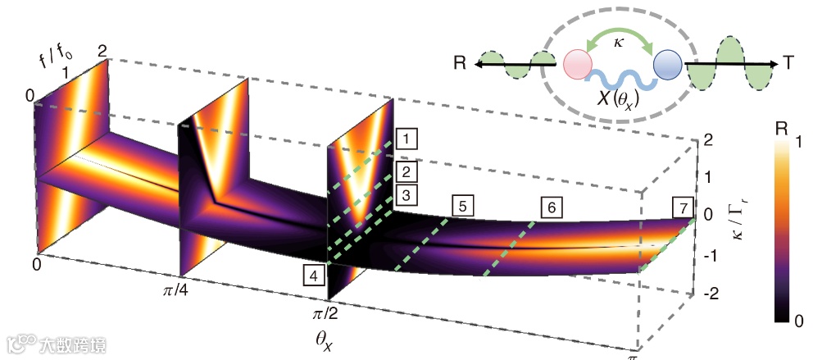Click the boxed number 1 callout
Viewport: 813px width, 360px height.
click(x=404, y=139)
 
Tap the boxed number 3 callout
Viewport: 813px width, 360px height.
click(x=404, y=195)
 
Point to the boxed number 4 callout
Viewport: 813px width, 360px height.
click(x=313, y=276)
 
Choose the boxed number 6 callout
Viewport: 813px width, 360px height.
click(x=552, y=207)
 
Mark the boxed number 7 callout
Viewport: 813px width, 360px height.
click(x=682, y=207)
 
